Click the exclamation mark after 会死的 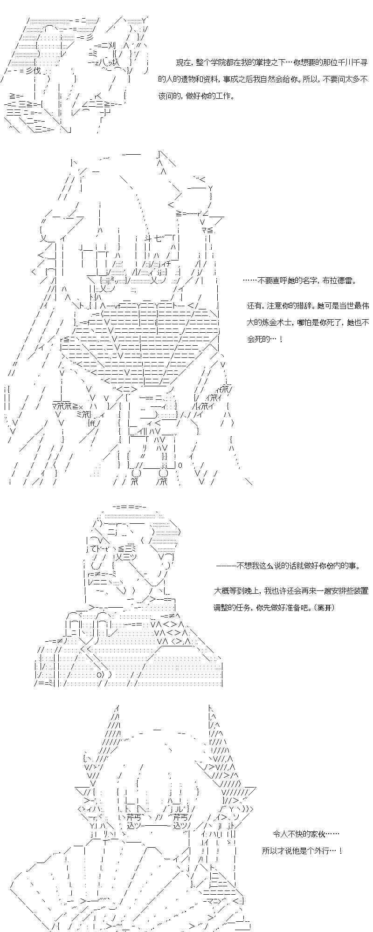tap(281, 339)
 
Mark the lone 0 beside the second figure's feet tap(180, 465)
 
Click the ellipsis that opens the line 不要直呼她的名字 tap(249, 281)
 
